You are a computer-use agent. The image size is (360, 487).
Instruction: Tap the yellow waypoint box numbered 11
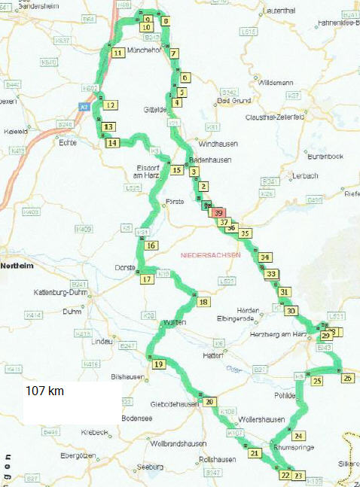(117, 53)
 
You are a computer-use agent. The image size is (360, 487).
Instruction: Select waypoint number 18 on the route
(203, 303)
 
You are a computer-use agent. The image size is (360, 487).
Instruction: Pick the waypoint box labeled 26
(347, 379)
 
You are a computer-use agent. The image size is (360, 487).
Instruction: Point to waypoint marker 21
(255, 453)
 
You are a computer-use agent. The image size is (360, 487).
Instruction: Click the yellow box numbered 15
(177, 170)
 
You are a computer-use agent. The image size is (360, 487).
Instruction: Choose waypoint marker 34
(264, 258)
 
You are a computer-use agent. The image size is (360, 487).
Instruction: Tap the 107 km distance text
(46, 391)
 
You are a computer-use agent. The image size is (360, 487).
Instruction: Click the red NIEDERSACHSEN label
(211, 255)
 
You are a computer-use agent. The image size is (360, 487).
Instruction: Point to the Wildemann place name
(276, 82)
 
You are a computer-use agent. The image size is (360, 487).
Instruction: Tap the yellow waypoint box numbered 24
(299, 436)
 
